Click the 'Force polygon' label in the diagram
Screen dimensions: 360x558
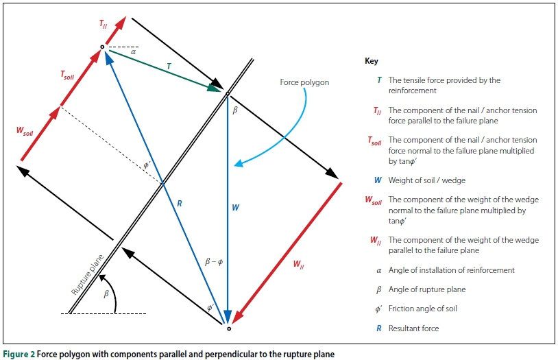tap(304, 82)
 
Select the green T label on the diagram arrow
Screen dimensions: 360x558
tap(168, 64)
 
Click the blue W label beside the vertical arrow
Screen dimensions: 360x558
tap(235, 206)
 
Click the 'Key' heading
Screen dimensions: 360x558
tap(371, 61)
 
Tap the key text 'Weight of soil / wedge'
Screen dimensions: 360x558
tap(426, 180)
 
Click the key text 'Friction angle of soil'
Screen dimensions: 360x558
tap(422, 309)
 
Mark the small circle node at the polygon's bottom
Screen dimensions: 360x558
tap(229, 328)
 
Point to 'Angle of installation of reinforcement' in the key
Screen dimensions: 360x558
tap(451, 270)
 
